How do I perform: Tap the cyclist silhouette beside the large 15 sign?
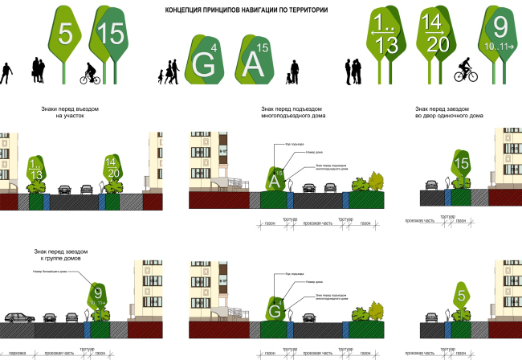[x=89, y=74]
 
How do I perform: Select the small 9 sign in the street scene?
[x=97, y=295]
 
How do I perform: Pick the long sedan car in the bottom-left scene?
[x=18, y=317]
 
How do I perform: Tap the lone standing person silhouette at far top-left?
[x=6, y=73]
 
